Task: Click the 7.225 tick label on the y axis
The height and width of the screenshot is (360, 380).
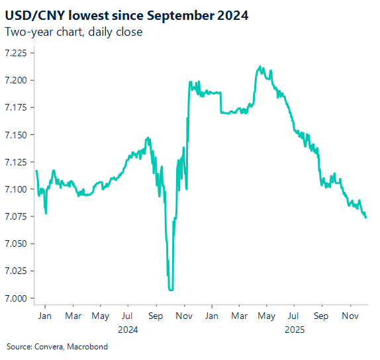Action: [17, 53]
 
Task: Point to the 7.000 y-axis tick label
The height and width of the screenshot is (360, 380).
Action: [17, 298]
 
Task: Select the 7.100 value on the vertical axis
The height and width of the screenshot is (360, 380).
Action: [17, 189]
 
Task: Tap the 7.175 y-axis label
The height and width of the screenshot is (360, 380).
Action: [17, 107]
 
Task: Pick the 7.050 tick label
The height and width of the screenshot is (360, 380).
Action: [17, 244]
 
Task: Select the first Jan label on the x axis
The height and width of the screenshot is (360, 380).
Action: [46, 316]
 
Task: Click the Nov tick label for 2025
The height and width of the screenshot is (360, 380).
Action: [348, 316]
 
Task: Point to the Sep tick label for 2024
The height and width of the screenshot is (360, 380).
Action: [156, 316]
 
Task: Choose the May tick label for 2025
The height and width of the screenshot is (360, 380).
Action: [265, 316]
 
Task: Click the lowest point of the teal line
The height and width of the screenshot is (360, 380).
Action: [171, 289]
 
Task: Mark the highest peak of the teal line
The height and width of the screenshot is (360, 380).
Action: [260, 66]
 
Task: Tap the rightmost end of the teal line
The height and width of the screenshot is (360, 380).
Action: [366, 217]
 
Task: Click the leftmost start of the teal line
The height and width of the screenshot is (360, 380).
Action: [36, 171]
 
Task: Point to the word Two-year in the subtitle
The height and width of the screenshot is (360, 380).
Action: [26, 32]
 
